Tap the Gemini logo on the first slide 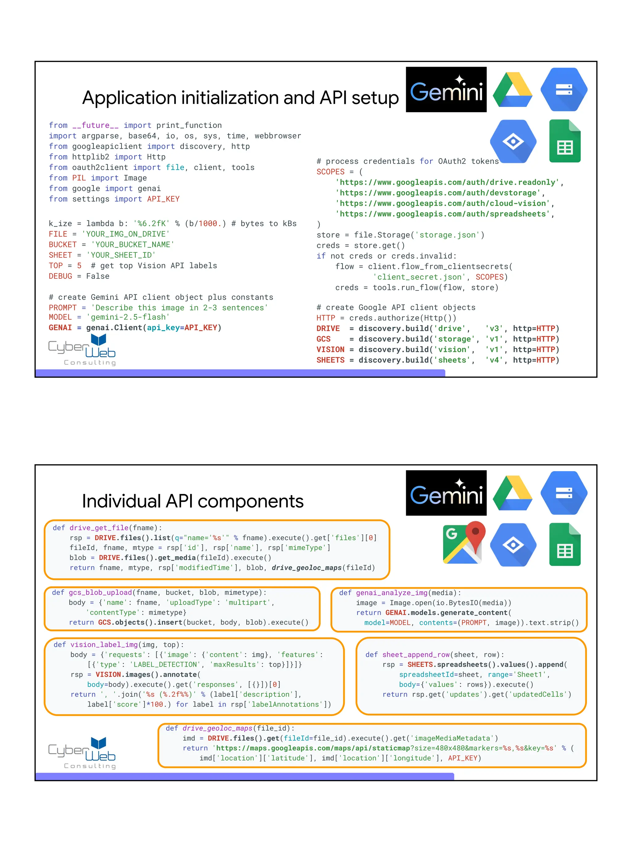[446, 90]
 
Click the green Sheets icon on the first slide [564, 141]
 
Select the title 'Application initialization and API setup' [240, 98]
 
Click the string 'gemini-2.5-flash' [128, 317]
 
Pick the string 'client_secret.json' [419, 277]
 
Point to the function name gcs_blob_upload [100, 593]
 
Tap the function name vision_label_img [104, 645]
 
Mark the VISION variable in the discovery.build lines [330, 349]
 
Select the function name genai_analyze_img [392, 593]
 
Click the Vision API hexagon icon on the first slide [513, 141]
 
